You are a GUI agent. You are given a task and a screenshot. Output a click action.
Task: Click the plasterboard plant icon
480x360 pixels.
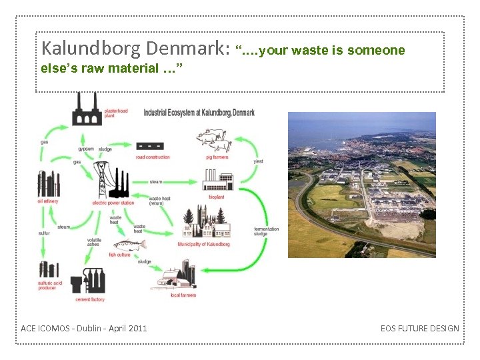pos(87,111)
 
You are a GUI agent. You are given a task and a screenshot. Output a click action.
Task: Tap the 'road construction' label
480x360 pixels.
pos(153,157)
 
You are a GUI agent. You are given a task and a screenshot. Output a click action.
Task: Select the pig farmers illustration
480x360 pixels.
pos(213,141)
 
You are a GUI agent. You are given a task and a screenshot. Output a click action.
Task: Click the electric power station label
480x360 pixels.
pos(113,203)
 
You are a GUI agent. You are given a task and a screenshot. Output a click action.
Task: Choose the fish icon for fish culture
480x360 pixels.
pos(129,245)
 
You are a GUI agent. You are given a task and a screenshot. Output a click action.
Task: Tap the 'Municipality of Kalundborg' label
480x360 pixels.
pos(203,244)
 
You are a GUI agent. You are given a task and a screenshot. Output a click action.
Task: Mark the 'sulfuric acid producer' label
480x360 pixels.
pos(51,285)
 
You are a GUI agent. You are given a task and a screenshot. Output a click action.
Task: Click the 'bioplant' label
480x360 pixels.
pos(216,197)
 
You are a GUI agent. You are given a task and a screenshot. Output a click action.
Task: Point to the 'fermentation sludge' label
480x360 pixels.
pos(266,231)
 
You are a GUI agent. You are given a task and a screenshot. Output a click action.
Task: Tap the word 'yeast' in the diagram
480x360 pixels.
pos(258,161)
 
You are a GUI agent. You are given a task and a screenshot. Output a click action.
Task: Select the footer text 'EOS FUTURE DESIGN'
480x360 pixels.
pos(419,328)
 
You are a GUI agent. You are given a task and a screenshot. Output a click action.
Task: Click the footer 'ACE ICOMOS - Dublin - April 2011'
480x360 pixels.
pos(84,328)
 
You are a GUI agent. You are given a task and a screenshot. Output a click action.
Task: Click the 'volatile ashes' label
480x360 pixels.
pos(94,243)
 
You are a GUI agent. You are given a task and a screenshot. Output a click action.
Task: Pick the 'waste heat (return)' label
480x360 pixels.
pos(159,201)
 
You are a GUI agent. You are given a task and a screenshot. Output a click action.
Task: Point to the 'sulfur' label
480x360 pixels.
pos(44,233)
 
